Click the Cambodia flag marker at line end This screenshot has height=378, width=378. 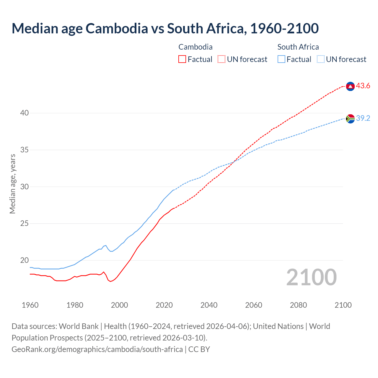[x=350, y=86]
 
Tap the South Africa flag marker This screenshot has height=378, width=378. [x=350, y=119]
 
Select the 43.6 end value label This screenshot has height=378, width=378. [x=363, y=86]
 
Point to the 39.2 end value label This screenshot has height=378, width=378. [x=363, y=118]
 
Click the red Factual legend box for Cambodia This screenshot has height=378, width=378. [x=182, y=59]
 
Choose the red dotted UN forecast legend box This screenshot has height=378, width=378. [x=221, y=59]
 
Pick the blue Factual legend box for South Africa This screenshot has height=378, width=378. [x=281, y=59]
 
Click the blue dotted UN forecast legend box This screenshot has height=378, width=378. [x=321, y=59]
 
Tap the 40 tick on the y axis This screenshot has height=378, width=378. [x=25, y=113]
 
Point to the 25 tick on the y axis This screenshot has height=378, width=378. [x=25, y=224]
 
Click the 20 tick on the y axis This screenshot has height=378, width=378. [x=25, y=260]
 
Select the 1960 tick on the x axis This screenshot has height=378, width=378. [x=30, y=305]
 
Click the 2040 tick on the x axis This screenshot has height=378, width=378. [x=209, y=305]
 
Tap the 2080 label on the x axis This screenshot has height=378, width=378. [x=298, y=305]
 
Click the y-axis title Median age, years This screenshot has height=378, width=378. [x=12, y=184]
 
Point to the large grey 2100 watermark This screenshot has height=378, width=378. [x=311, y=277]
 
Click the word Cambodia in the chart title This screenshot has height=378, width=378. [x=117, y=28]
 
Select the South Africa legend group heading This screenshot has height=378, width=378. [x=298, y=47]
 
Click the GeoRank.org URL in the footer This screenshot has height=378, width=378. [x=97, y=349]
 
